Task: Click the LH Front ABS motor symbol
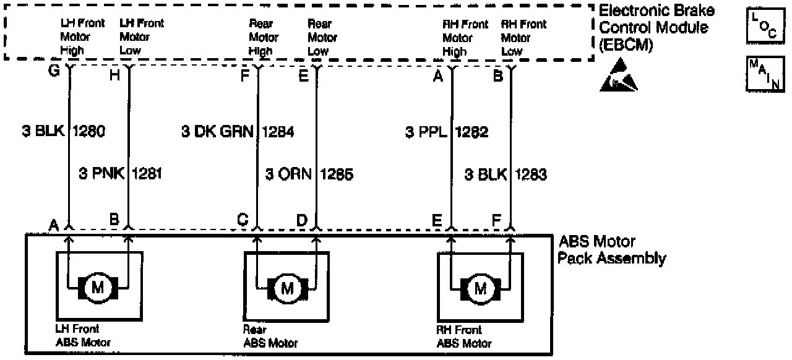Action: [98, 286]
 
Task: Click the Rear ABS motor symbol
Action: [286, 288]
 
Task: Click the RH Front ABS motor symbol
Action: [480, 288]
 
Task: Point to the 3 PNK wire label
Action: [101, 175]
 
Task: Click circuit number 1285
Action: [337, 175]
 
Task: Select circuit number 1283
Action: [531, 175]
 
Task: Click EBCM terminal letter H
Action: [114, 74]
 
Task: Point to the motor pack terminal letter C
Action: [243, 220]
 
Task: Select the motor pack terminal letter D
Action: [301, 220]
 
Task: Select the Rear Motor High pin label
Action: [263, 38]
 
